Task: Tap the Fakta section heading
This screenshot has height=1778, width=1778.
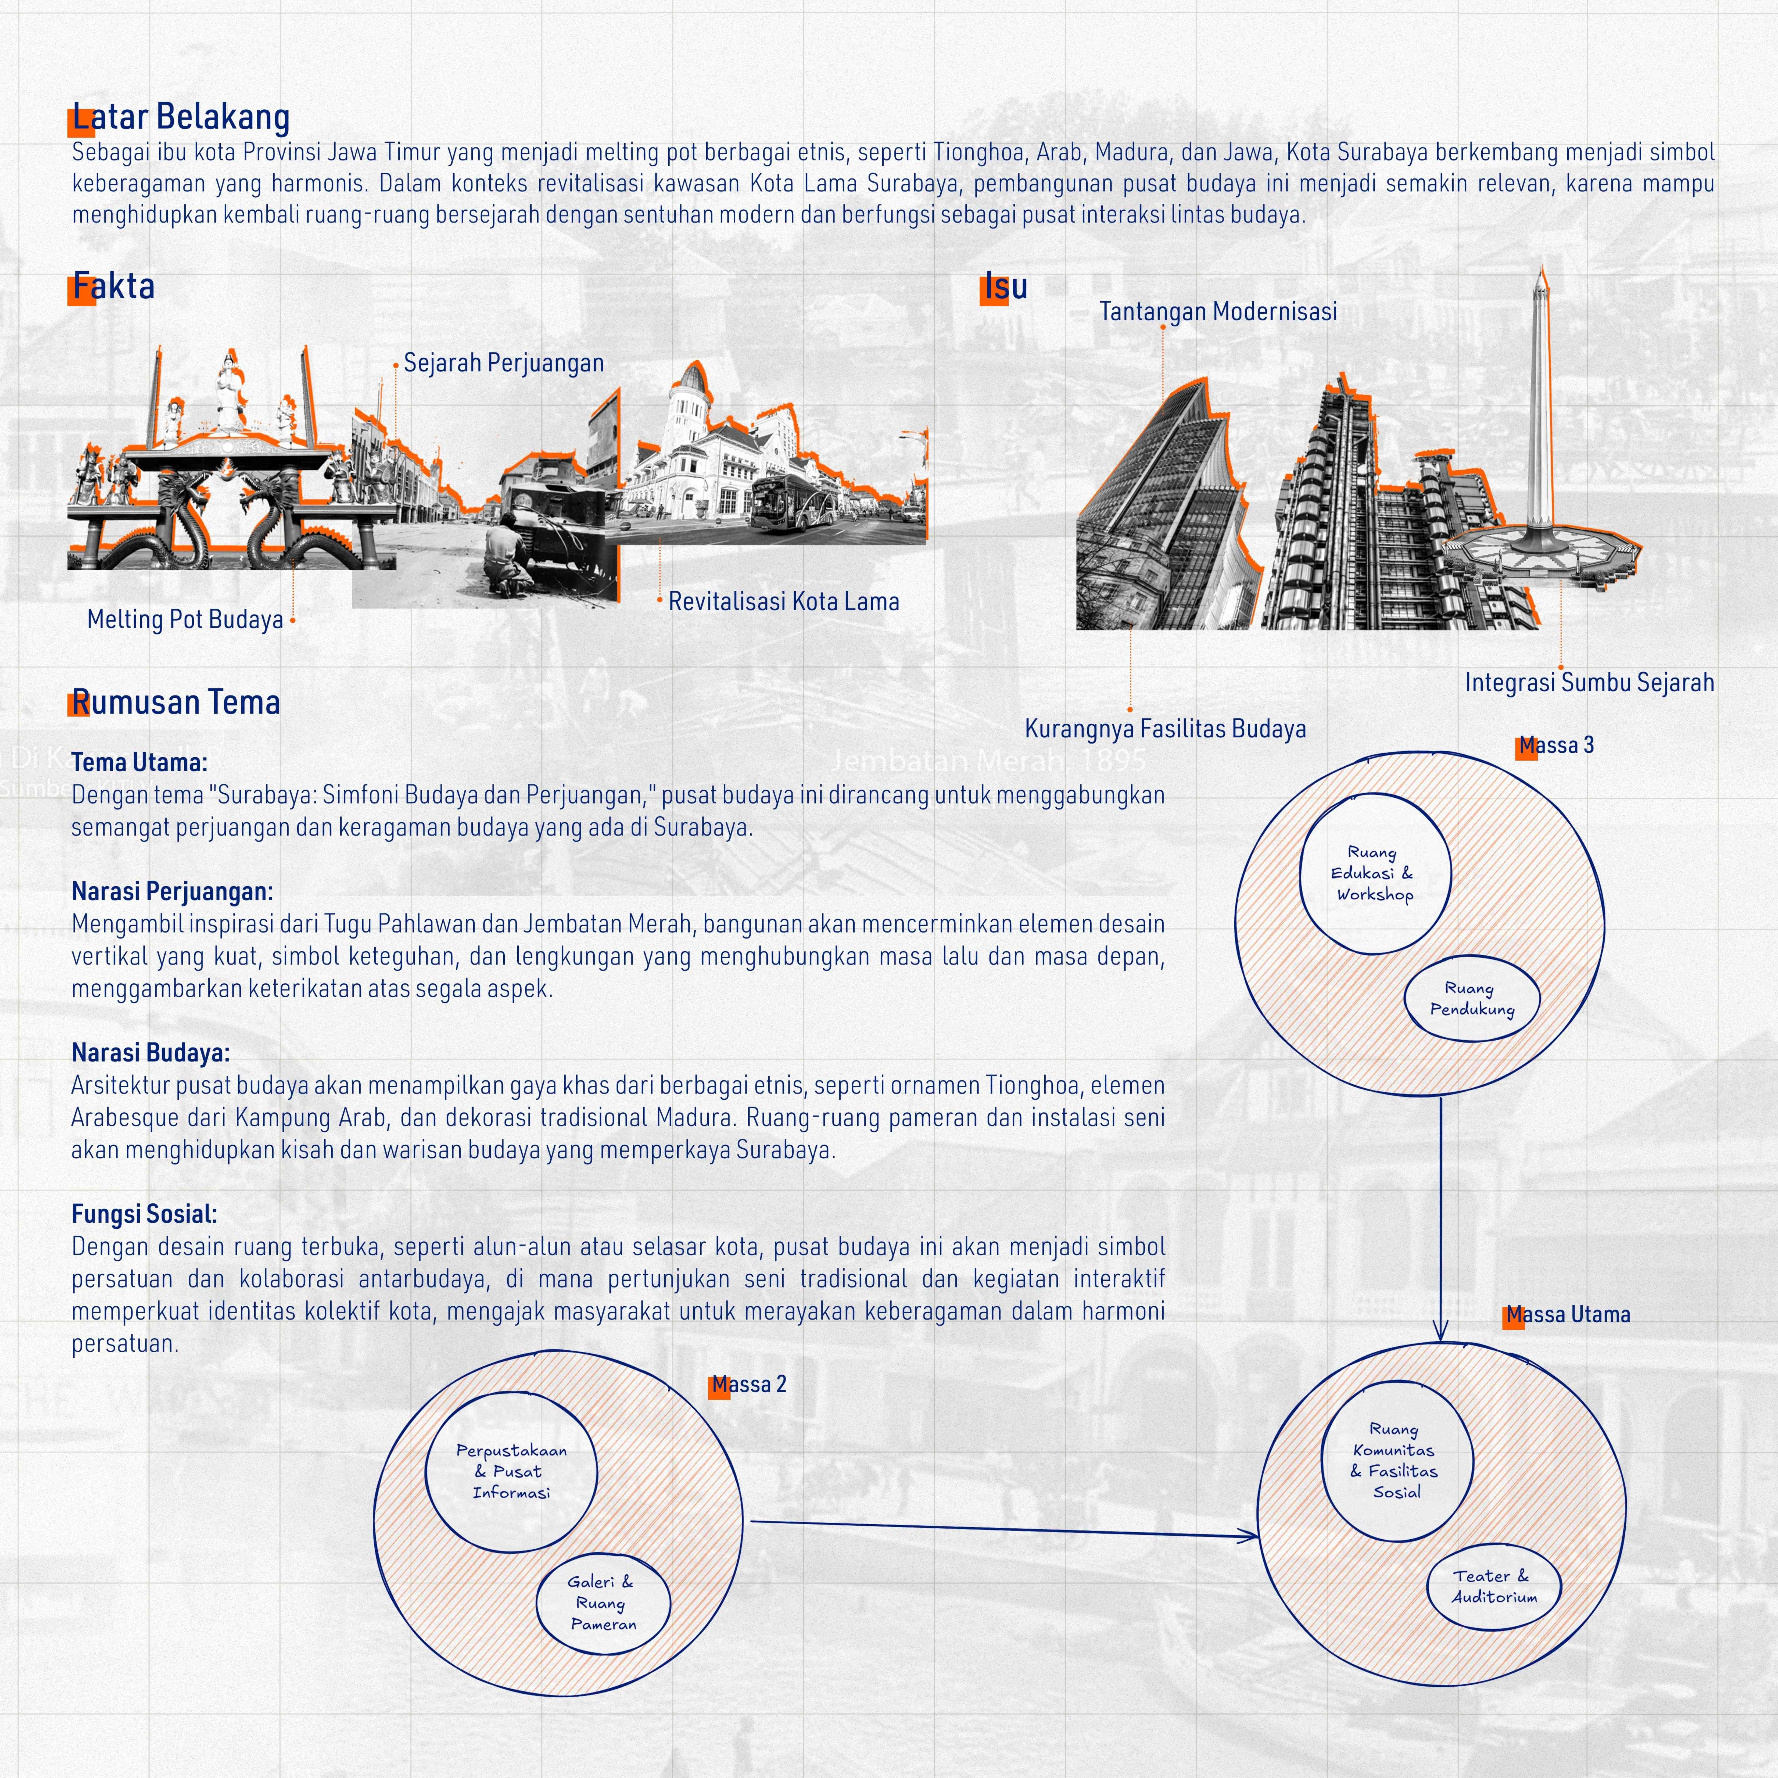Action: (x=113, y=286)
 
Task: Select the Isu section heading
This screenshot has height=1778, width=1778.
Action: (x=1005, y=287)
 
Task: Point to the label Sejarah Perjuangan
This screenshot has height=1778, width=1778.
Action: (x=503, y=364)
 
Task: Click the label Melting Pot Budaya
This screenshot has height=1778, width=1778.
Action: (x=185, y=619)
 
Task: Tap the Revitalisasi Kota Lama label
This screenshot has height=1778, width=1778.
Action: (x=783, y=602)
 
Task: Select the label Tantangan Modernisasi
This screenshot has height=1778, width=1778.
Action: (x=1218, y=312)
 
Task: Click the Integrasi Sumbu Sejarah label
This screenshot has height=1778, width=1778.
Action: (x=1589, y=683)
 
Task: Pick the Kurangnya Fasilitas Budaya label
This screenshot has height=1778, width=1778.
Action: (x=1165, y=729)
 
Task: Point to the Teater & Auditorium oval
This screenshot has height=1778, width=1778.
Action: (x=1494, y=1587)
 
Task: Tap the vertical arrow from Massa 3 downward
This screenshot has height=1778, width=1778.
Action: (x=1441, y=1215)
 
